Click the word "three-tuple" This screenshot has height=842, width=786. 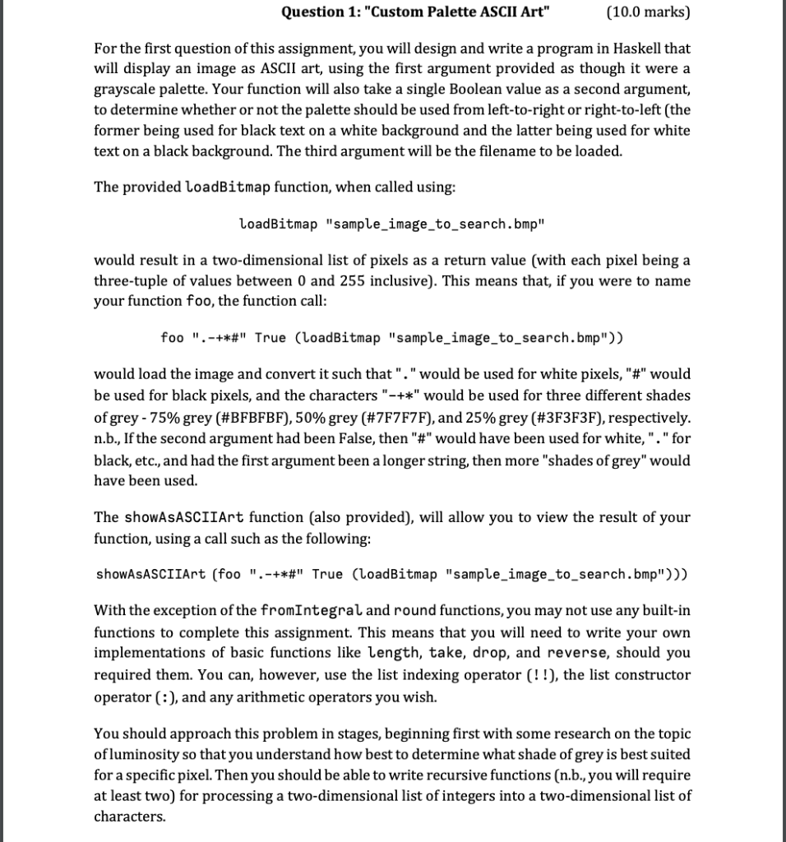[132, 281]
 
